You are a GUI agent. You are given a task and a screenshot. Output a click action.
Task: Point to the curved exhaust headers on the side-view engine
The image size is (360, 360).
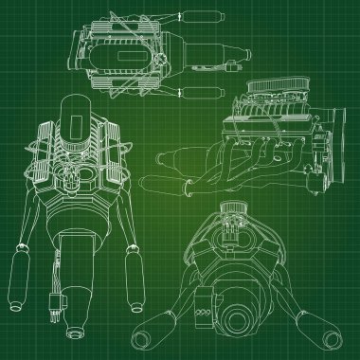coord(247,156)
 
